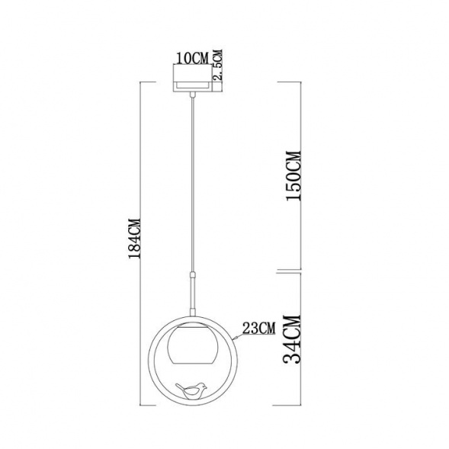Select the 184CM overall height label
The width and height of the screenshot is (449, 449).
(136, 238)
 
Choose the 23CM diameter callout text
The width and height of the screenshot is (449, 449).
(259, 329)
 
